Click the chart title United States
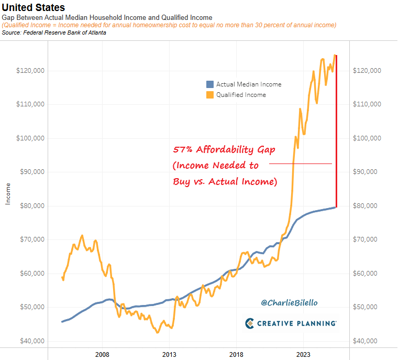(x=34, y=7)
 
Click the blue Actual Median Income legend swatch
(x=210, y=84)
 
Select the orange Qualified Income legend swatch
(x=210, y=95)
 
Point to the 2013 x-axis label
(x=169, y=354)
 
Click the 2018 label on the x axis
(x=236, y=354)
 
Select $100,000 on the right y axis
(x=368, y=138)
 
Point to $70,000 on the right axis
(x=367, y=239)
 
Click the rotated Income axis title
(x=7, y=193)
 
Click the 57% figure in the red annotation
(x=183, y=149)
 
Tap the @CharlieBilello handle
(x=289, y=303)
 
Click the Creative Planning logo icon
(x=249, y=323)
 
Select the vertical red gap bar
(x=336, y=131)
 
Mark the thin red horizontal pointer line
(x=301, y=164)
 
